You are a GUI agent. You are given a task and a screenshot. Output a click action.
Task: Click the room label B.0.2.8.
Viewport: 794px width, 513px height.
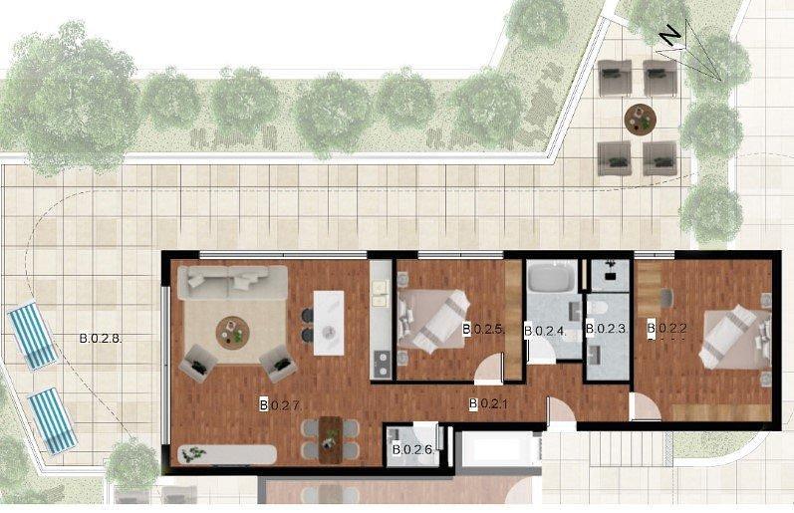tap(101, 339)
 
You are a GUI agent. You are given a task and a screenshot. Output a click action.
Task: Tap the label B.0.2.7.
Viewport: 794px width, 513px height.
tap(281, 405)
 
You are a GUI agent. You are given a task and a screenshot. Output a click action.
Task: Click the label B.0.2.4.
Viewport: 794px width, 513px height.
tap(544, 331)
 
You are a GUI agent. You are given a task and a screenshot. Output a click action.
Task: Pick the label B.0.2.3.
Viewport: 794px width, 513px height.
tap(607, 328)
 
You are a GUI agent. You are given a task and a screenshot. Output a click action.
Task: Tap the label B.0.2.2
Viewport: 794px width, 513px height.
tap(666, 328)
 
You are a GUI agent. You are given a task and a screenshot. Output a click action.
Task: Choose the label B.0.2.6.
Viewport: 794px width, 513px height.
tap(413, 449)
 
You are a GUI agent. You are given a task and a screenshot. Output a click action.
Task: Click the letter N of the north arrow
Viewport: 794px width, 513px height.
tap(670, 36)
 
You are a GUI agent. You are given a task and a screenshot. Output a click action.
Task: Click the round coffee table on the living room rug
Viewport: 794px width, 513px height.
tap(232, 333)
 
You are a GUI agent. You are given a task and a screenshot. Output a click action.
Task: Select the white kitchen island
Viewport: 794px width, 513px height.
tap(329, 323)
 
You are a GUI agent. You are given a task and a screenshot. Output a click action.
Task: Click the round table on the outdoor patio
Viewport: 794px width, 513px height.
tap(640, 120)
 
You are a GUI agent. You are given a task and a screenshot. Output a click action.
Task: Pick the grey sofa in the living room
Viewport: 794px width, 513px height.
tap(232, 283)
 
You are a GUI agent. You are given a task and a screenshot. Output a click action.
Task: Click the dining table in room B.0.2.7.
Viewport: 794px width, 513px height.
tap(331, 439)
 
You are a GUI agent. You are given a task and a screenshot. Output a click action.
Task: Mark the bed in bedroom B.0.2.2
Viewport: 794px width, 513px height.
tap(735, 337)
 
